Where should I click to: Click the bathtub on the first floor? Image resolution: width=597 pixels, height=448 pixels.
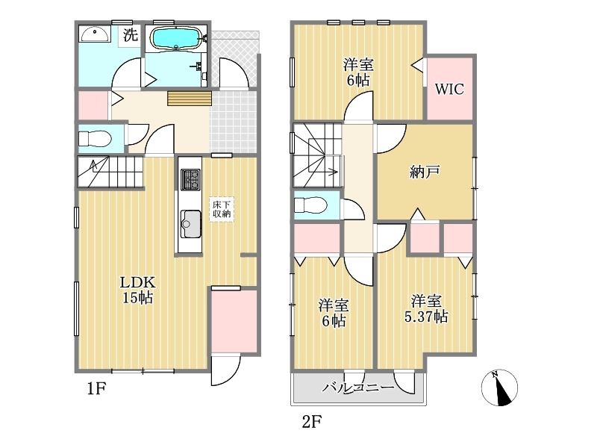[x=175, y=38]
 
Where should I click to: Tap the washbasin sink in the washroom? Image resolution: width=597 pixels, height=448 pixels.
[x=95, y=34]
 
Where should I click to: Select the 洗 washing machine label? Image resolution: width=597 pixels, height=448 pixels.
[x=130, y=35]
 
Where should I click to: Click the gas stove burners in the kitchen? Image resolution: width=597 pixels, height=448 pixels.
[x=190, y=180]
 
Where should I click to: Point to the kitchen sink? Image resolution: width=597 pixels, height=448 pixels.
[x=190, y=224]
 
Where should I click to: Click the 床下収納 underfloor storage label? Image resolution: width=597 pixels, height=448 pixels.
[x=221, y=209]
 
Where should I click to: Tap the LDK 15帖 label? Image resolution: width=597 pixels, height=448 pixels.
[x=137, y=290]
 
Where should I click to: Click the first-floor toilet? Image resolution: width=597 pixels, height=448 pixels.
[x=95, y=139]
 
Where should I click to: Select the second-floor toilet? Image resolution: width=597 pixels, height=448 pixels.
[x=310, y=205]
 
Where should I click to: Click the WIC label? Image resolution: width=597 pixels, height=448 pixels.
[x=449, y=89]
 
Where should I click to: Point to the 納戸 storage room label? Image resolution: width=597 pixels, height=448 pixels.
[x=425, y=172]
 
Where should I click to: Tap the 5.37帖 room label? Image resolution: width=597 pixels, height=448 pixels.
[x=426, y=309]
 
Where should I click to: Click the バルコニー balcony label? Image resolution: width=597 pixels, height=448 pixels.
[x=358, y=388]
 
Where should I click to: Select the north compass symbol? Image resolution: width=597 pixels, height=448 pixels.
[x=499, y=388]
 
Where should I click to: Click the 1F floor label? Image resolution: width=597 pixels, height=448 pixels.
[x=96, y=388]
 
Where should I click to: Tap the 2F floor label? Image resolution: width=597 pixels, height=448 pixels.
[x=312, y=422]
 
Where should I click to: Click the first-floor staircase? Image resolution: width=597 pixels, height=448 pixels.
[x=110, y=172]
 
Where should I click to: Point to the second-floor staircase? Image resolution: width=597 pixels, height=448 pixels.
[x=317, y=155]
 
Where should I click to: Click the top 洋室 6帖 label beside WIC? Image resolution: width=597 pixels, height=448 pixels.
[x=358, y=72]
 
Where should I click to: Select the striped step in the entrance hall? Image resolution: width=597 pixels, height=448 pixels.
[x=190, y=99]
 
